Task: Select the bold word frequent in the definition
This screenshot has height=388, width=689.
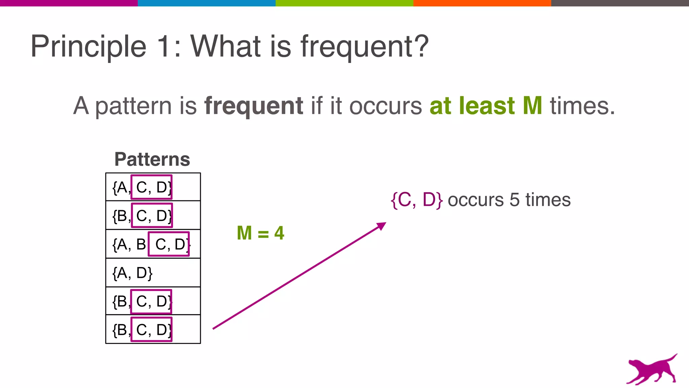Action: pyautogui.click(x=254, y=106)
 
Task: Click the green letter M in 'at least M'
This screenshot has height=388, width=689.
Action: pyautogui.click(x=532, y=106)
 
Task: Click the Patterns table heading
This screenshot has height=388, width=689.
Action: pyautogui.click(x=152, y=159)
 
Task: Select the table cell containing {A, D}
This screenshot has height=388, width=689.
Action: pyautogui.click(x=153, y=273)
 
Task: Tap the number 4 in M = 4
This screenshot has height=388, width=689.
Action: pyautogui.click(x=279, y=233)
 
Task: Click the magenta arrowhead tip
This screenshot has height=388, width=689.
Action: pyautogui.click(x=384, y=224)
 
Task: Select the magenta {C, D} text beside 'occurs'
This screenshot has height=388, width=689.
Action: pyautogui.click(x=416, y=200)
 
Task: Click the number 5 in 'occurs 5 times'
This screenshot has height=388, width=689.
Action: pyautogui.click(x=514, y=200)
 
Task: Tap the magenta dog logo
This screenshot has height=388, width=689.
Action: pyautogui.click(x=652, y=369)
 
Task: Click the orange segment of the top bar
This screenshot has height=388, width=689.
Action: pyautogui.click(x=482, y=3)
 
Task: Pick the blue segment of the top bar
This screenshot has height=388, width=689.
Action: pyautogui.click(x=207, y=3)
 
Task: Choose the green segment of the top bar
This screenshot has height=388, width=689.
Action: pyautogui.click(x=344, y=3)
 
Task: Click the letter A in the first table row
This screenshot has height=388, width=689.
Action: pyautogui.click(x=122, y=188)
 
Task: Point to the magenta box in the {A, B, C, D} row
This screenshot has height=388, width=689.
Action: pyautogui.click(x=169, y=244)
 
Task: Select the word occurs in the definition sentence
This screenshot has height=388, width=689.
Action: pyautogui.click(x=386, y=106)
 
